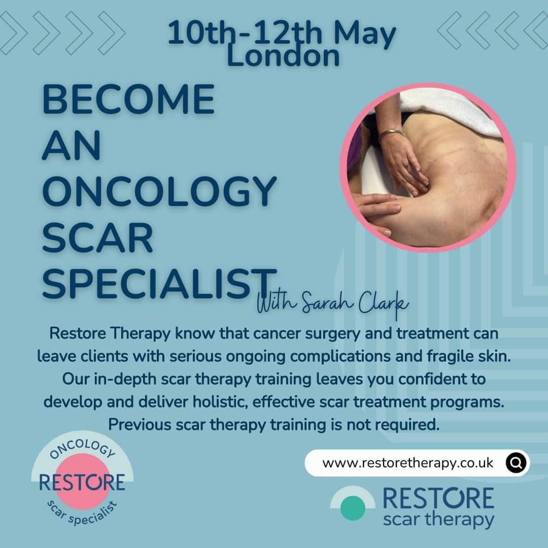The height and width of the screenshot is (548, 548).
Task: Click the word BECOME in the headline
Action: pyautogui.click(x=128, y=100)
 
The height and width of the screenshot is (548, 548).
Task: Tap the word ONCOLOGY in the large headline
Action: pyautogui.click(x=159, y=192)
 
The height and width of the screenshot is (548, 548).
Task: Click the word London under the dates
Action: pyautogui.click(x=283, y=57)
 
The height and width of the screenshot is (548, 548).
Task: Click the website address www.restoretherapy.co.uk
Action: pyautogui.click(x=407, y=463)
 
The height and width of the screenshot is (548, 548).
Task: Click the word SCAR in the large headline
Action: pyautogui.click(x=97, y=238)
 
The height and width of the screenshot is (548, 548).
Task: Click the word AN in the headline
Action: pyautogui.click(x=72, y=146)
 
